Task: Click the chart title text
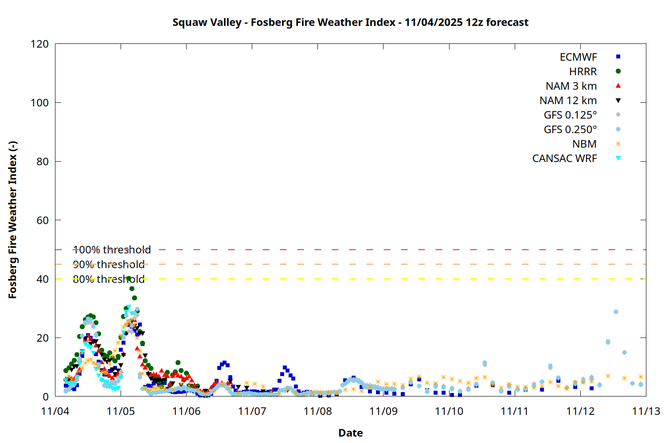click(350, 22)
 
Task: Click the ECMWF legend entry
click(578, 57)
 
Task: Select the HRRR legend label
click(583, 72)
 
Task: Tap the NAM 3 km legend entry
click(571, 86)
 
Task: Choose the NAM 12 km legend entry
click(568, 101)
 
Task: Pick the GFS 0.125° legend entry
click(570, 115)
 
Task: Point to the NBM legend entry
click(584, 144)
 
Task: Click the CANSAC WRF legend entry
click(564, 159)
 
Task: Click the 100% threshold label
click(112, 250)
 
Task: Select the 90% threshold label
click(109, 264)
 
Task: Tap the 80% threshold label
click(109, 279)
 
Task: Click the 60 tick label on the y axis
click(43, 220)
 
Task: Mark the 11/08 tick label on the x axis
click(318, 411)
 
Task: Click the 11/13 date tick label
click(645, 411)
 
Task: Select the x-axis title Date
click(350, 433)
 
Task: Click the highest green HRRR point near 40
click(129, 279)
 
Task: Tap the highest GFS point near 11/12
click(616, 312)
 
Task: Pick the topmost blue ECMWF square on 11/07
click(285, 368)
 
